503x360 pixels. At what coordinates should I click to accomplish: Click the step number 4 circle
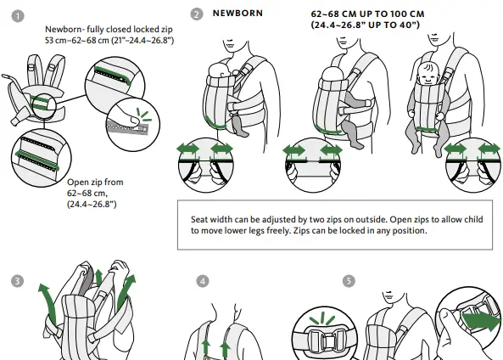[x=202, y=280]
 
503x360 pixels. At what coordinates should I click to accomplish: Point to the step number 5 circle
[x=349, y=280]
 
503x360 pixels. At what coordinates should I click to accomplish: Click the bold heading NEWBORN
[x=238, y=14]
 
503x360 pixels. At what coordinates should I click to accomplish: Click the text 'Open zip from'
[x=95, y=182]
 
